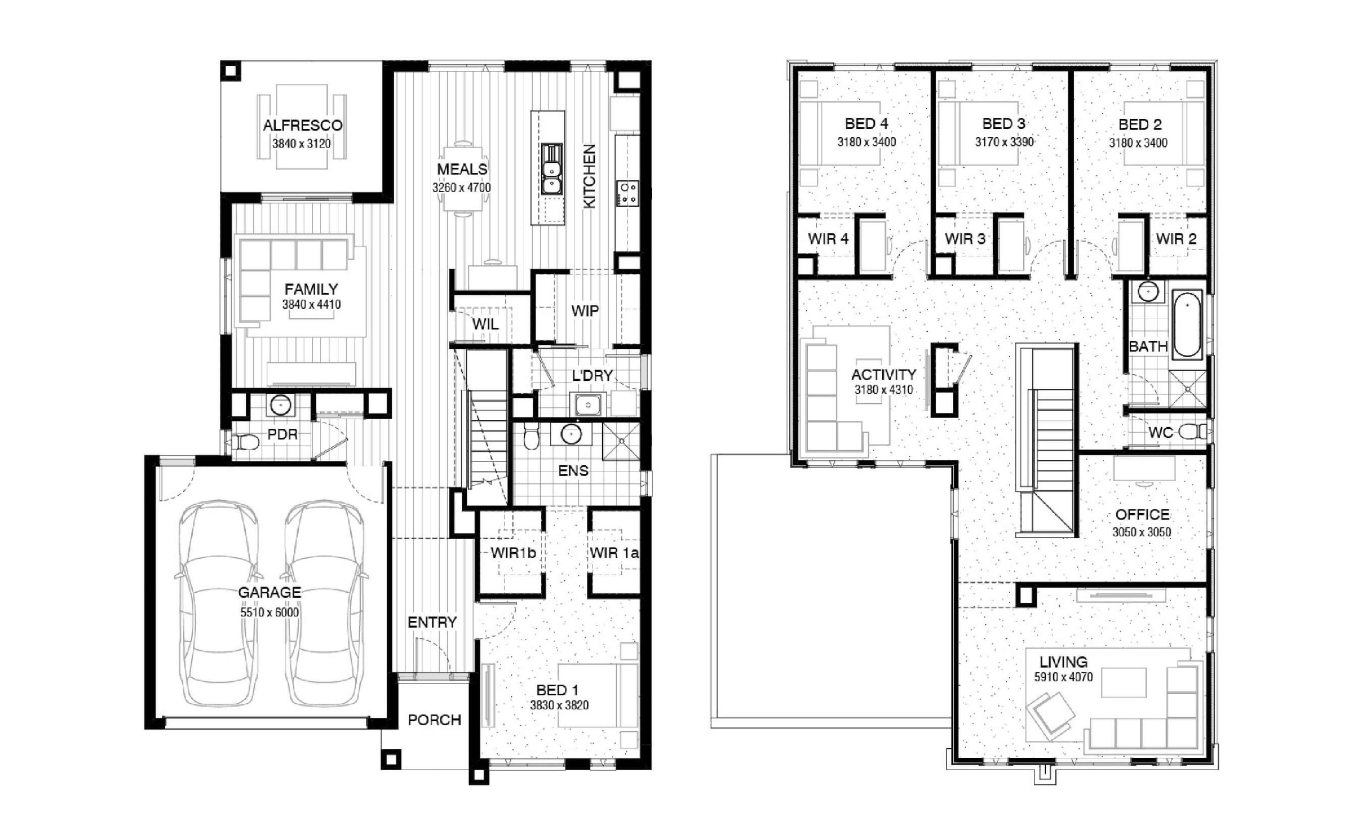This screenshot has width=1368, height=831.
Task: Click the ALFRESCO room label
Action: [x=302, y=126]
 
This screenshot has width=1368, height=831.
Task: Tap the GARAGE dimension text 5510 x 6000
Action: [x=269, y=613]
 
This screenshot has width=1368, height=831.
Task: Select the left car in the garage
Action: [x=219, y=603]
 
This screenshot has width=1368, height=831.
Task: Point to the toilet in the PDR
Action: [x=245, y=442]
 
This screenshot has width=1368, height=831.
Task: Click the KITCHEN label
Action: [x=589, y=176]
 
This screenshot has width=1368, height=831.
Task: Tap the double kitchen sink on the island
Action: [x=551, y=169]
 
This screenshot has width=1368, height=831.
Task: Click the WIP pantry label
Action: [x=585, y=311]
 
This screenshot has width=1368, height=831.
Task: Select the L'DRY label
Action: [x=593, y=375]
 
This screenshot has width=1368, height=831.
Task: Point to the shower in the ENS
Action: [x=621, y=441]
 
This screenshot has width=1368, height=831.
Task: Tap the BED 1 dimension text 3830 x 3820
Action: [x=559, y=705]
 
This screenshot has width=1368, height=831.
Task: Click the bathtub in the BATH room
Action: [x=1187, y=325]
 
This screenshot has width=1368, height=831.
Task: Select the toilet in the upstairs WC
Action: [x=1193, y=431]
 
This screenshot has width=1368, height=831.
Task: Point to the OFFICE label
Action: [x=1142, y=515]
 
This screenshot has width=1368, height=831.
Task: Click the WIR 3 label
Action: [x=965, y=239]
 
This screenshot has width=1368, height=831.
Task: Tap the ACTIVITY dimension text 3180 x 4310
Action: [x=883, y=390]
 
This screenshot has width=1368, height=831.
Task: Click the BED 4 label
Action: [x=867, y=124]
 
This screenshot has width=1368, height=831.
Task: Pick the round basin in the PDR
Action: [x=281, y=405]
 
